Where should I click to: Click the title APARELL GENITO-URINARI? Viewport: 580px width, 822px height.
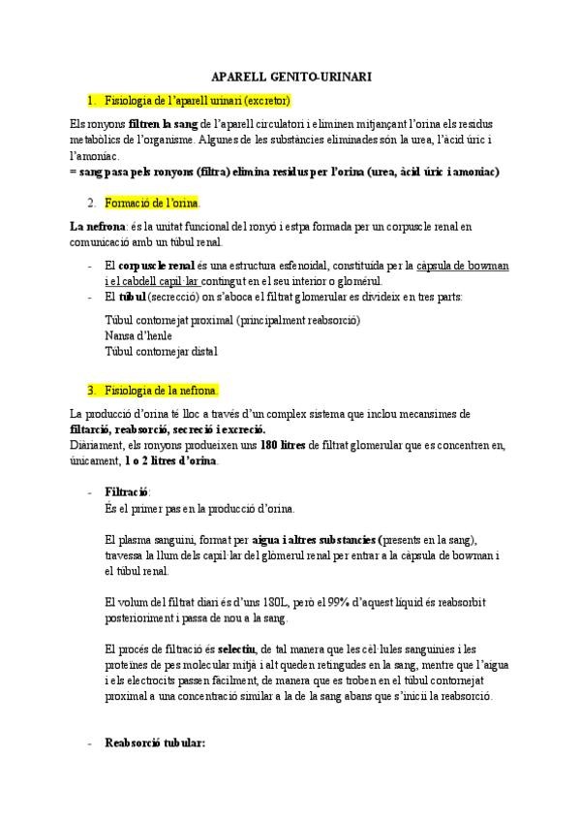tap(290, 75)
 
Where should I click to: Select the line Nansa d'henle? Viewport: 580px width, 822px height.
tap(137, 335)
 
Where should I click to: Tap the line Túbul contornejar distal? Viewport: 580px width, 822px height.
tap(160, 352)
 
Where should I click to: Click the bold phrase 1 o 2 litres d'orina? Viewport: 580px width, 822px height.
tap(171, 460)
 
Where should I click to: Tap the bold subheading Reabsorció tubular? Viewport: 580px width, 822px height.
tap(154, 743)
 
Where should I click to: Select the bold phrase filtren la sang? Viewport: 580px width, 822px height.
tap(162, 124)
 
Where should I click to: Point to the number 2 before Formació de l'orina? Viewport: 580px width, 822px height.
tap(90, 203)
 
